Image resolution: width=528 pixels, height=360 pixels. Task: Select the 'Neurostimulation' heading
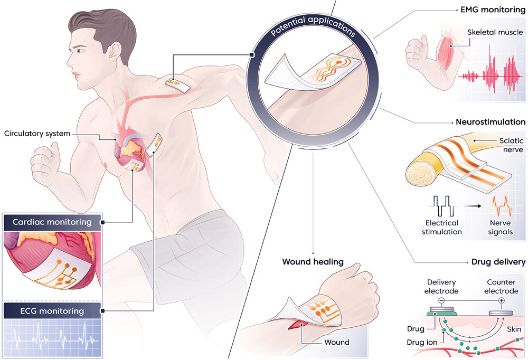[491, 122]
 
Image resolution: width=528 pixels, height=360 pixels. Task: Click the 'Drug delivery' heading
[498, 262]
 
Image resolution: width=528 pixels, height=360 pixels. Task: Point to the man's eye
[80, 51]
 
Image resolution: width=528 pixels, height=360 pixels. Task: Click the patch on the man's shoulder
[177, 84]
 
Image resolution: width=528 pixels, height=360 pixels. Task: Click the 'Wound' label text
[336, 342]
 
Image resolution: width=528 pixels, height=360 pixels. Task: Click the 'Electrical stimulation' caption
[444, 227]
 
